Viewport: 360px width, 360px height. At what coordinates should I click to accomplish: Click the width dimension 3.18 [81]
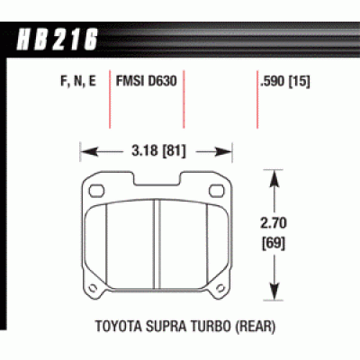(x=157, y=150)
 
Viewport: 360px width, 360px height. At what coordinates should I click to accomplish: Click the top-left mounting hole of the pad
(x=97, y=191)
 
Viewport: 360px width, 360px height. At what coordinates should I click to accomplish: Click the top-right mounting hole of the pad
(x=220, y=191)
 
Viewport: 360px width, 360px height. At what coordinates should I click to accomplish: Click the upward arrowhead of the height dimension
(x=273, y=180)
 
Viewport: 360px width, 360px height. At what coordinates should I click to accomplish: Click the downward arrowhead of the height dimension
(x=273, y=294)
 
